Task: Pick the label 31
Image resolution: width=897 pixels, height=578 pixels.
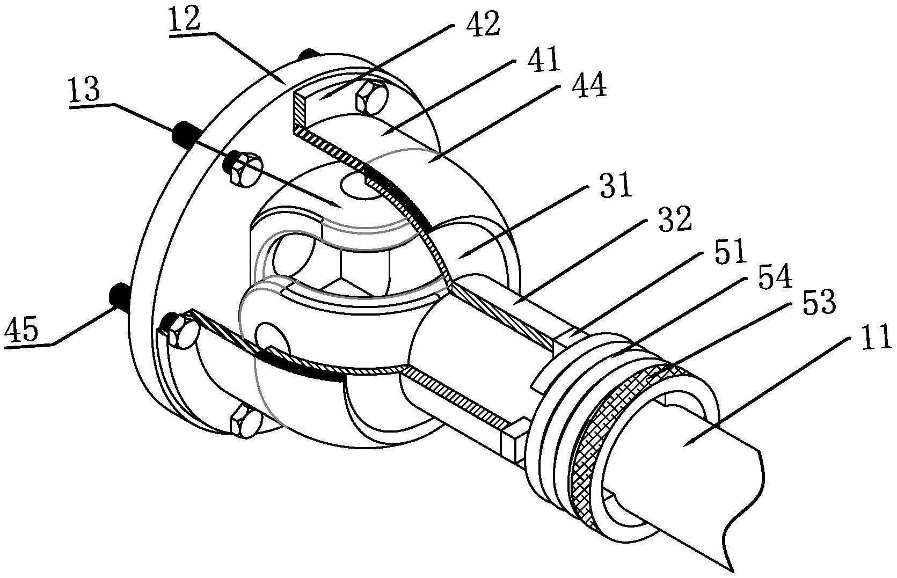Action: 616,185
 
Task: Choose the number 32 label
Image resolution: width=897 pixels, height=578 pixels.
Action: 675,220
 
